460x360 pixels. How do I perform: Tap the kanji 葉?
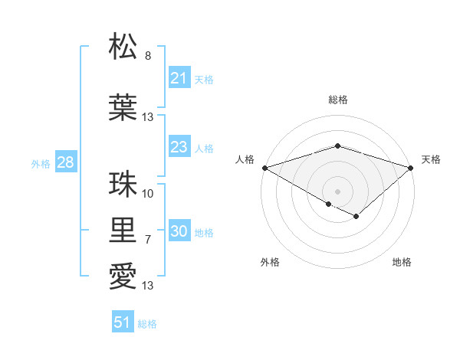123,108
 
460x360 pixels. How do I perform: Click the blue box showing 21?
179,78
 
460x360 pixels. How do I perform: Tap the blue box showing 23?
179,147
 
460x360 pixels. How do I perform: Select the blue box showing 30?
179,232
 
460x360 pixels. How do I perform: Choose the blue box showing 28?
65,162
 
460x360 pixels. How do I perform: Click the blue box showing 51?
123,322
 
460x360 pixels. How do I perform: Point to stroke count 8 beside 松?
148,55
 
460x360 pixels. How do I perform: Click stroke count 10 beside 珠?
148,194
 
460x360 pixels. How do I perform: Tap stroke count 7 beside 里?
148,240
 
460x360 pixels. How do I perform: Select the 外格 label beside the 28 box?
41,163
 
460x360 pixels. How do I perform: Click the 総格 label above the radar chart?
337,100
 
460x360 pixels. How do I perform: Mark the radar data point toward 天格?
410,167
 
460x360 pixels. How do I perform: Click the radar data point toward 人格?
264,167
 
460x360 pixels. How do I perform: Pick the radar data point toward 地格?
356,217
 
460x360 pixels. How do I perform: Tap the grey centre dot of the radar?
337,191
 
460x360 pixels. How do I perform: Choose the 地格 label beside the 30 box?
204,233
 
